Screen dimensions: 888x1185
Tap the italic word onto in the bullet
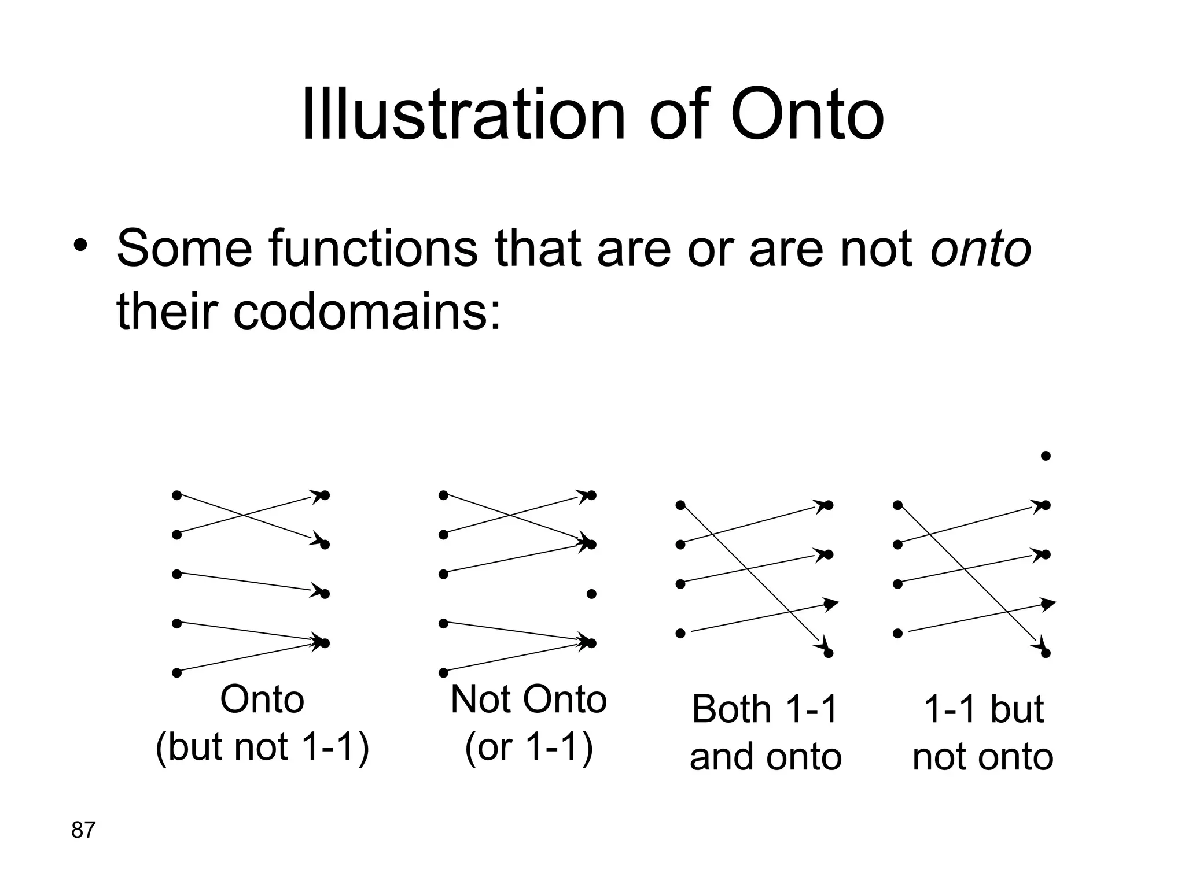pyautogui.click(x=980, y=249)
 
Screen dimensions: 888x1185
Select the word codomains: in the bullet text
pyautogui.click(x=367, y=312)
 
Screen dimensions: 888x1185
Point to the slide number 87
pyautogui.click(x=83, y=830)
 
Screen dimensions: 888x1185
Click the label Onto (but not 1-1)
pyautogui.click(x=262, y=723)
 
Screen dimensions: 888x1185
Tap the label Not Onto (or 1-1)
pyautogui.click(x=528, y=723)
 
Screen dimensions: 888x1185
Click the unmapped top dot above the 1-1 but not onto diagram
pyautogui.click(x=1046, y=456)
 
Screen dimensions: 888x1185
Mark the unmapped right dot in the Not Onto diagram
pyautogui.click(x=591, y=594)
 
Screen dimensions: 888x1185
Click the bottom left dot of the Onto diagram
pyautogui.click(x=177, y=672)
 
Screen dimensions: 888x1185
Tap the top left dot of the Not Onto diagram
pyautogui.click(x=443, y=495)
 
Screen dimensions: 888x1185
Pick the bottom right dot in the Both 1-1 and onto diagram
pyautogui.click(x=828, y=653)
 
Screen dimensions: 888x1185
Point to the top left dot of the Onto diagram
pyautogui.click(x=177, y=495)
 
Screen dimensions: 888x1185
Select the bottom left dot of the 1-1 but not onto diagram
pyautogui.click(x=897, y=634)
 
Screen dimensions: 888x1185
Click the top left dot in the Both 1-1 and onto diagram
pyautogui.click(x=680, y=505)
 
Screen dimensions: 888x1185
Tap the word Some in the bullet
pyautogui.click(x=185, y=249)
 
